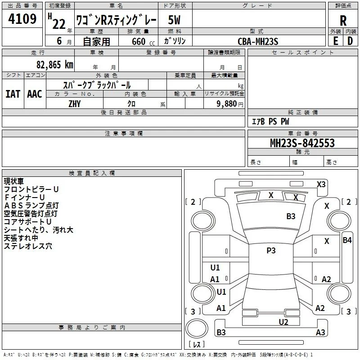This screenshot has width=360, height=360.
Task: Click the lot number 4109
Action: point(22,19)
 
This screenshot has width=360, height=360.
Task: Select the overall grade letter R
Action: point(343,21)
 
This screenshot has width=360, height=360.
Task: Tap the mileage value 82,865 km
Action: point(55,65)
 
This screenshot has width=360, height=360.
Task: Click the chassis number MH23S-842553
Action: point(302,143)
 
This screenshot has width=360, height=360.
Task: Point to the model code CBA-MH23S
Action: point(258,41)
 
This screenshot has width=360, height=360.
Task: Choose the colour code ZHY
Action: point(75,104)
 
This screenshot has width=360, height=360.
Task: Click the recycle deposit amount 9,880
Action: point(227,104)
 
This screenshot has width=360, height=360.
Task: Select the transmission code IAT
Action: point(13,94)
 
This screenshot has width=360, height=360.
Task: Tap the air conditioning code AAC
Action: point(35,94)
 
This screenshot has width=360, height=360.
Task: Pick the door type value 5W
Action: point(174,20)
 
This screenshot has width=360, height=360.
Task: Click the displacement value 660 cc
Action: point(143,41)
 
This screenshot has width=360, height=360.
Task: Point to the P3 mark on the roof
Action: point(271,251)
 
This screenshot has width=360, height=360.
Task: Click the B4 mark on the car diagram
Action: point(347,240)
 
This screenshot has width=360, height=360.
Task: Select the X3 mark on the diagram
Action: point(321,184)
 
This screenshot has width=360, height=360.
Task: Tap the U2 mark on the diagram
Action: point(283,322)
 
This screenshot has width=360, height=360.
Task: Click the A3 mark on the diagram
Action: point(320,332)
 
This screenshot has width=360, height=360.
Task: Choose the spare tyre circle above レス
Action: point(197,328)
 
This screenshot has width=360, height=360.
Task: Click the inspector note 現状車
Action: point(14,181)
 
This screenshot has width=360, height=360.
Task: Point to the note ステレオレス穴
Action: point(28,246)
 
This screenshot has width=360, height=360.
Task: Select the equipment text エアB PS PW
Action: point(270,121)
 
